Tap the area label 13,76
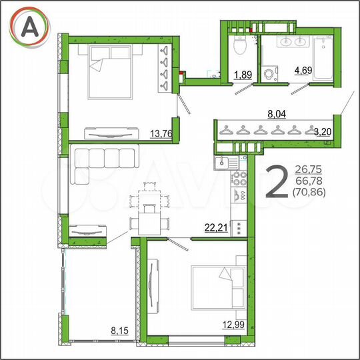click(162, 133)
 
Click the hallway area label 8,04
click(277, 115)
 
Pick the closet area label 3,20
click(322, 131)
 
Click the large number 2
click(277, 181)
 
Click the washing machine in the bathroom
click(270, 73)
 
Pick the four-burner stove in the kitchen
click(239, 181)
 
